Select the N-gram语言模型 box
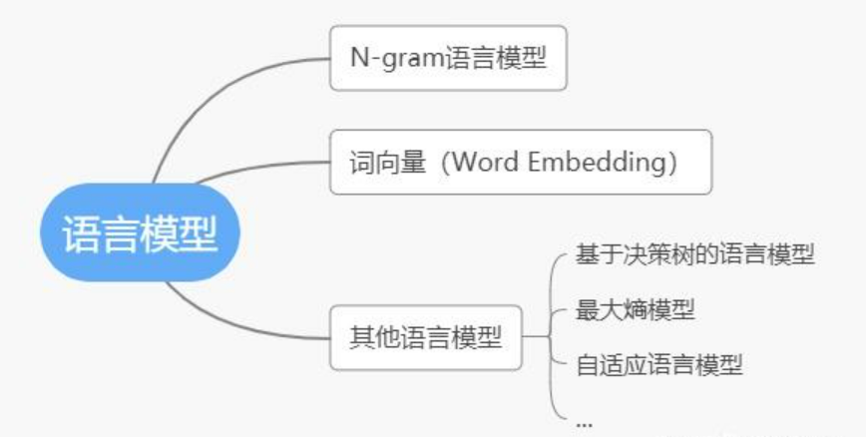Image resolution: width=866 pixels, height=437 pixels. [448, 58]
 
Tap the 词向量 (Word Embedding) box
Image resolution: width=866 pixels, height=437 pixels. [521, 162]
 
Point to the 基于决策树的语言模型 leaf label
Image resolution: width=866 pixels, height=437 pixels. [695, 255]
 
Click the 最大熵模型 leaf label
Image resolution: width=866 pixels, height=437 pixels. [635, 310]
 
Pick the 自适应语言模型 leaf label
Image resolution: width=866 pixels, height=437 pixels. [658, 364]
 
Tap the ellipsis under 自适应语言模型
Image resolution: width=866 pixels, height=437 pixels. [584, 420]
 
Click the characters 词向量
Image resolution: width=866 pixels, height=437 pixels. [377, 162]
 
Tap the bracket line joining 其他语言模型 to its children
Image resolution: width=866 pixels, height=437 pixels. [552, 337]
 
